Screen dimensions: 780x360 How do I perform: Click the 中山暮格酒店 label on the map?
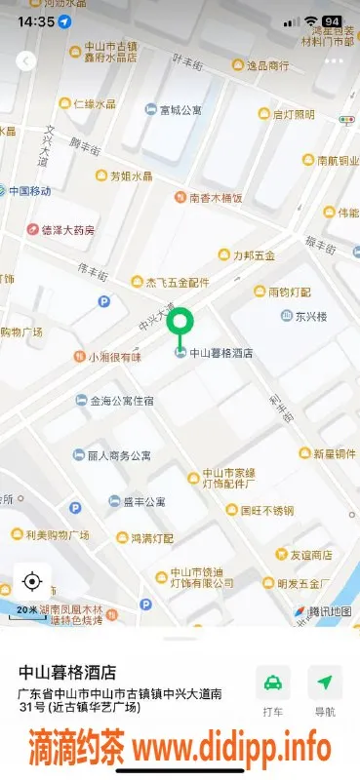220,353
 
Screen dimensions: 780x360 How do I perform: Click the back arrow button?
26,60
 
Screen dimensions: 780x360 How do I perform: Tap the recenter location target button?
31,582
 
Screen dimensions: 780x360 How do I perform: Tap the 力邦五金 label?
253,255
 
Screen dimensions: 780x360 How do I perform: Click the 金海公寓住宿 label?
122,400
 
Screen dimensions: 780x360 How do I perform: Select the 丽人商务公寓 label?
119,455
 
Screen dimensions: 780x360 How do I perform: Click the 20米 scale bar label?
26,609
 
